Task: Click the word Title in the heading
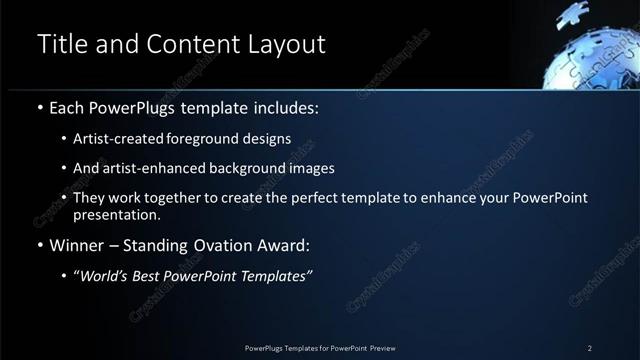[60, 44]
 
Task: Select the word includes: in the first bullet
[288, 107]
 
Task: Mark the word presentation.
[115, 215]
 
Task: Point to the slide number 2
[589, 348]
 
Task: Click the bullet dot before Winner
[39, 246]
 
